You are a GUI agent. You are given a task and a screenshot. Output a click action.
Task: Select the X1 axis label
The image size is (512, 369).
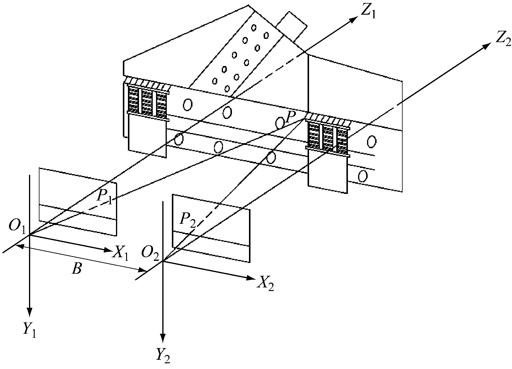click(x=120, y=254)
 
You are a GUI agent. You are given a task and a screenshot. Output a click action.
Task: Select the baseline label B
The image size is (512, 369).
click(x=77, y=270)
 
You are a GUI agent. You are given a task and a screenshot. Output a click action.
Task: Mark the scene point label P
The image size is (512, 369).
click(x=291, y=117)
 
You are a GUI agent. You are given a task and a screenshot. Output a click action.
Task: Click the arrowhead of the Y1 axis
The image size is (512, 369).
click(x=30, y=312)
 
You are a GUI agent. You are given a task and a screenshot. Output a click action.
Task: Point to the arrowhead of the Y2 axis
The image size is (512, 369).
click(x=163, y=339)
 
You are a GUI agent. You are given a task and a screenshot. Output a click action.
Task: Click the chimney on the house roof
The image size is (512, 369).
click(x=291, y=27)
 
